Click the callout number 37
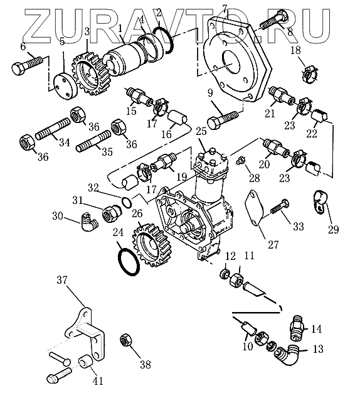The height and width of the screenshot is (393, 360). click(x=62, y=280)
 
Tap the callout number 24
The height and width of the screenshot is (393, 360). click(x=118, y=232)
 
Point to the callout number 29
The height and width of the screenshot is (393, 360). click(x=333, y=229)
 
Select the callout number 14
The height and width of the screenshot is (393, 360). click(x=317, y=328)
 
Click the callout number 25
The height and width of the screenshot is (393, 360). click(x=201, y=131)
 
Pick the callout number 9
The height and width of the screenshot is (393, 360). click(x=210, y=93)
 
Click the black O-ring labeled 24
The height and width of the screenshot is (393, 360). click(x=129, y=261)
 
